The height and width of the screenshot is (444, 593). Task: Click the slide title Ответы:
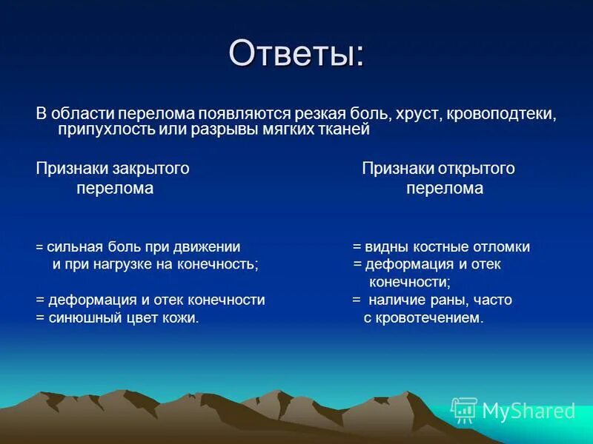pos(296,53)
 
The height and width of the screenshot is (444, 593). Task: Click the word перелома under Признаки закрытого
pos(115,189)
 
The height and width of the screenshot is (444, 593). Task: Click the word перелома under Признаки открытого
pos(445,189)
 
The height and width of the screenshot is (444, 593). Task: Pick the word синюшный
pos(81,318)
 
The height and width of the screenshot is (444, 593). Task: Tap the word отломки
pos(504,247)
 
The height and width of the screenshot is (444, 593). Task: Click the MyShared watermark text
pos(529,411)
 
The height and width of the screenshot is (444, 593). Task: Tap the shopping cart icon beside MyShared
pos(464,410)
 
